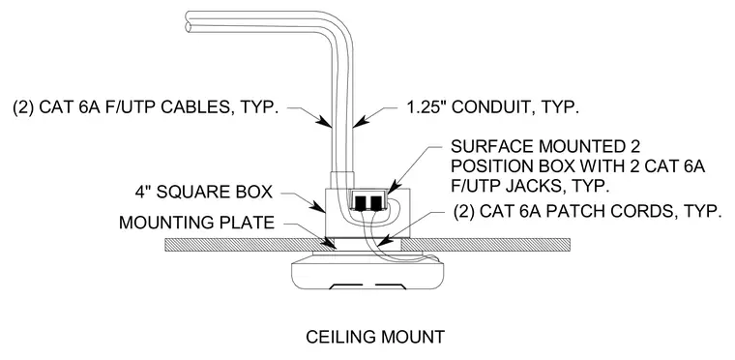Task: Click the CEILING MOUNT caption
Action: click(x=375, y=337)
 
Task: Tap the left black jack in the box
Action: click(x=361, y=202)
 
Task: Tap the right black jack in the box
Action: click(x=376, y=202)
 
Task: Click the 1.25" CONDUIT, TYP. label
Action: click(x=492, y=107)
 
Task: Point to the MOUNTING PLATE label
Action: click(x=196, y=222)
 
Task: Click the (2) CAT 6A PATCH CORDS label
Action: click(x=586, y=211)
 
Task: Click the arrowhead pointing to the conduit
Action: click(x=358, y=123)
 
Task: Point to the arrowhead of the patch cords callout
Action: click(x=383, y=242)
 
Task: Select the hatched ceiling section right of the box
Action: click(x=486, y=245)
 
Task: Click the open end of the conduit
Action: click(x=189, y=22)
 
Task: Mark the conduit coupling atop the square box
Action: click(x=342, y=180)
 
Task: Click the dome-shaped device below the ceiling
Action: click(x=367, y=271)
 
